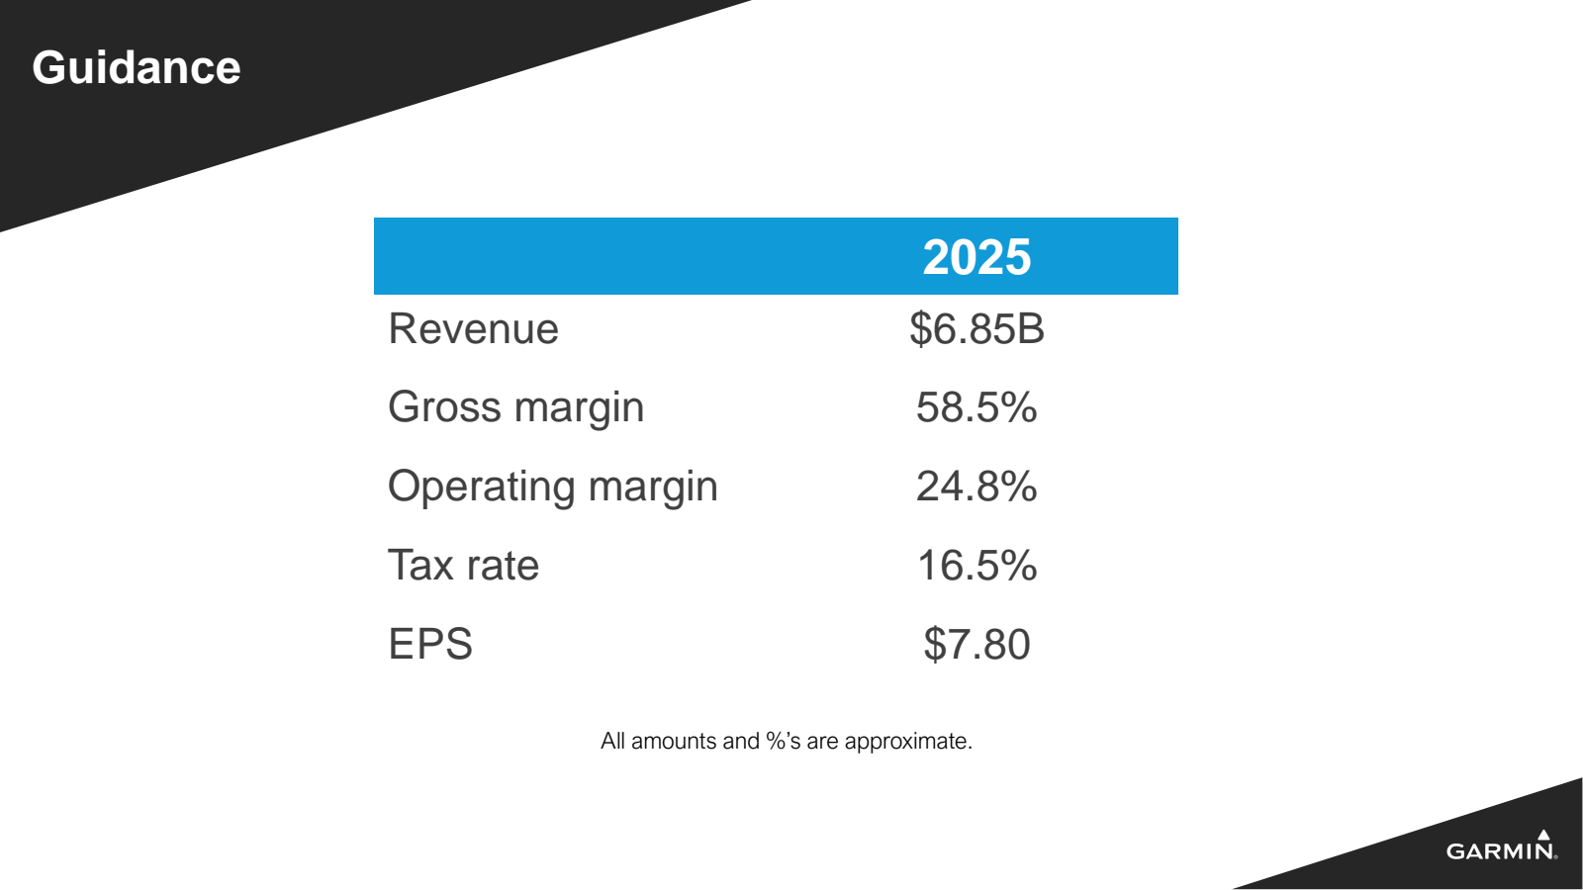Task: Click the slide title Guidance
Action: (x=137, y=68)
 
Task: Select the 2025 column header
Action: (x=977, y=257)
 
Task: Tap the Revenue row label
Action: (x=473, y=329)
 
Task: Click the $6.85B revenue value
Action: (x=977, y=329)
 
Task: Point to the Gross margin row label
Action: (x=515, y=407)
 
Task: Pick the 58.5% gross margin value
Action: (x=977, y=407)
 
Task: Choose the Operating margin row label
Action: (x=552, y=487)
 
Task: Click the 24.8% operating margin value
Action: (x=977, y=487)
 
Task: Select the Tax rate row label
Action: (x=463, y=566)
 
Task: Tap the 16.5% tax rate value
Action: (x=977, y=566)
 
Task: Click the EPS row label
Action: (x=430, y=645)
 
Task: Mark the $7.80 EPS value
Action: (x=977, y=645)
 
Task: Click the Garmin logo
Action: (x=1501, y=848)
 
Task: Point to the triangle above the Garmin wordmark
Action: (x=1543, y=835)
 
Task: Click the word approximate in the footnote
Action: (x=908, y=742)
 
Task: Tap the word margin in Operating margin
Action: (x=653, y=487)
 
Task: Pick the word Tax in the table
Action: (x=420, y=566)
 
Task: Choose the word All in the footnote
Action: (x=612, y=742)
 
